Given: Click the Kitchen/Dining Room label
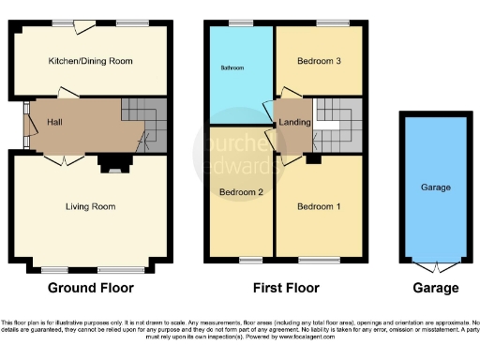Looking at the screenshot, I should click(91, 61).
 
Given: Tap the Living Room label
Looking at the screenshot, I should click(91, 206).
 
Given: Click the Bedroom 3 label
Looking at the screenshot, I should click(320, 61).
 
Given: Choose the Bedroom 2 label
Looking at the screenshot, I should click(238, 192).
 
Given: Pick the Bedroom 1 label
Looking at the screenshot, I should click(320, 206).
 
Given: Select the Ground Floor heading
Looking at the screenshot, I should click(90, 288).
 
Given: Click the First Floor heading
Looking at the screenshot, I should click(288, 288).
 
